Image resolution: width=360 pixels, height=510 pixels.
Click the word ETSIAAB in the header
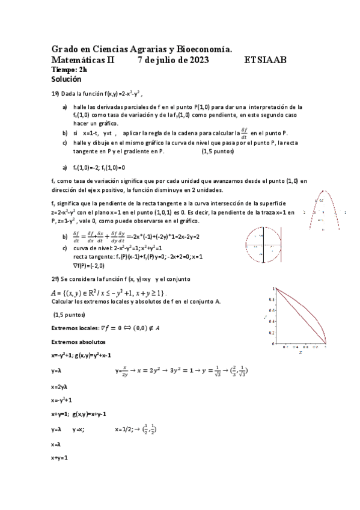click(x=266, y=60)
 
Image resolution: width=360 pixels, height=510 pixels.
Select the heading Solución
click(x=66, y=79)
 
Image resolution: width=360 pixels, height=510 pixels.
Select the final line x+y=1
click(x=59, y=458)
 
